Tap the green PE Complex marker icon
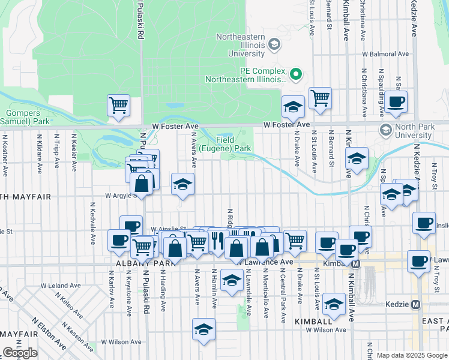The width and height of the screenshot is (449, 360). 295,75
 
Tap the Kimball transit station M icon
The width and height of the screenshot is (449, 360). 356,263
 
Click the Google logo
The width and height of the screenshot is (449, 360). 20,353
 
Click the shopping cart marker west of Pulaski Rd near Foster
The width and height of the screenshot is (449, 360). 119,105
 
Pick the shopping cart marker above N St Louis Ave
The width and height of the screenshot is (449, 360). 320,97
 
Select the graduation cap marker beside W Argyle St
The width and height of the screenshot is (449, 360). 182,184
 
